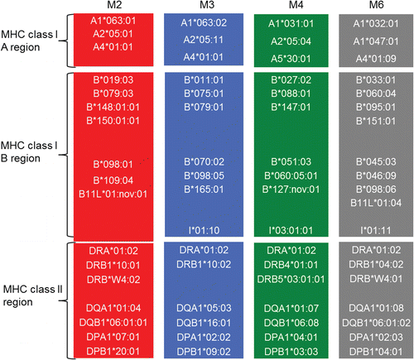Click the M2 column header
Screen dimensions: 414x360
[x=114, y=5]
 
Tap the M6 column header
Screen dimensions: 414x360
[x=376, y=5]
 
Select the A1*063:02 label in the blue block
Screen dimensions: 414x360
[x=204, y=22]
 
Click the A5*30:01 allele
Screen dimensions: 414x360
[x=291, y=59]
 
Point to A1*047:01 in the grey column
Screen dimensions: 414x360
[x=376, y=41]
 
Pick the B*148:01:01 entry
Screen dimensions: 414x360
[x=113, y=107]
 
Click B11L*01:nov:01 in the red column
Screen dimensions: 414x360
[x=113, y=194]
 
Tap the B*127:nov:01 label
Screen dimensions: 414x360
[x=291, y=190]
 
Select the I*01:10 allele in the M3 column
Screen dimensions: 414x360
[x=204, y=230]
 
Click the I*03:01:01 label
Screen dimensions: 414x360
[x=291, y=230]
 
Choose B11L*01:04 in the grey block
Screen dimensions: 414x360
[x=376, y=203]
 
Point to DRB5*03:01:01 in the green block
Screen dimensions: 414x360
[x=291, y=279]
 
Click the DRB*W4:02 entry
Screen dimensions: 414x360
[x=113, y=280]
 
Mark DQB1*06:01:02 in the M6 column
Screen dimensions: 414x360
[x=376, y=323]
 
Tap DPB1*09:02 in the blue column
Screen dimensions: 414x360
[x=204, y=352]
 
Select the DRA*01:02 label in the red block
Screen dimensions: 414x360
[x=113, y=251]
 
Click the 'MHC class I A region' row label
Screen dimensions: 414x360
[x=29, y=41]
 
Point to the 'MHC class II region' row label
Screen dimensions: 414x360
[x=32, y=295]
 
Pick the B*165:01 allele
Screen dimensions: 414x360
[x=204, y=190]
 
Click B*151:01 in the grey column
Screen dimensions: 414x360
[x=376, y=121]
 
